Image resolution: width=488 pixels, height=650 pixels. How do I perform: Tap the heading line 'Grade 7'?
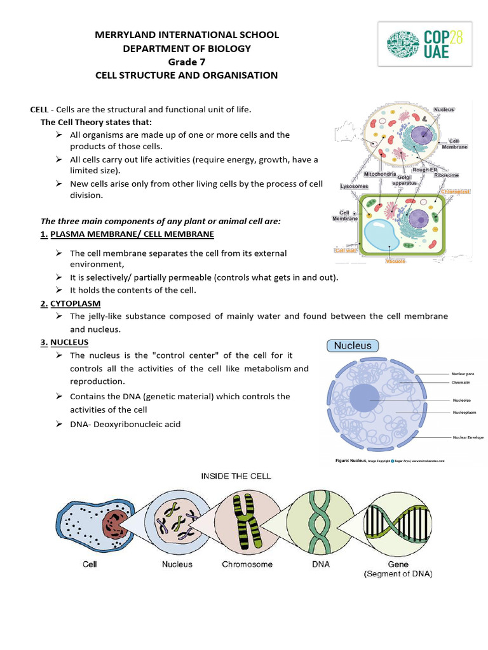(x=186, y=62)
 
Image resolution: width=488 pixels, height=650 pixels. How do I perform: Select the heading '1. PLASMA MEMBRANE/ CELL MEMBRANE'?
(x=127, y=234)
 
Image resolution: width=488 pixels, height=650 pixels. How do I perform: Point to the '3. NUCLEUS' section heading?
(x=64, y=343)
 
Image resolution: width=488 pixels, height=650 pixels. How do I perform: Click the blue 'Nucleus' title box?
(x=353, y=346)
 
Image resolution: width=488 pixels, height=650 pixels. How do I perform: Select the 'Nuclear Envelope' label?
(x=468, y=437)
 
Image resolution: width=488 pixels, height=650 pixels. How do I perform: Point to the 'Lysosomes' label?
(x=354, y=186)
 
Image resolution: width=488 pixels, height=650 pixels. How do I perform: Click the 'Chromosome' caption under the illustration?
(x=247, y=564)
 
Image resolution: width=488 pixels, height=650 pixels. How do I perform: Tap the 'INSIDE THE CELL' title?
(x=236, y=476)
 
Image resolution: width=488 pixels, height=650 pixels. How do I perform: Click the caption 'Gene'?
(x=398, y=564)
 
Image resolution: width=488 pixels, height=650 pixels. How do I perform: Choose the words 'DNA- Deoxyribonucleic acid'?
(x=125, y=424)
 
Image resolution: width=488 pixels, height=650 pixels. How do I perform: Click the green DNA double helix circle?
(x=317, y=518)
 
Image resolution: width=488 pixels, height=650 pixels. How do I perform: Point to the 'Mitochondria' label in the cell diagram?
(x=380, y=174)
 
